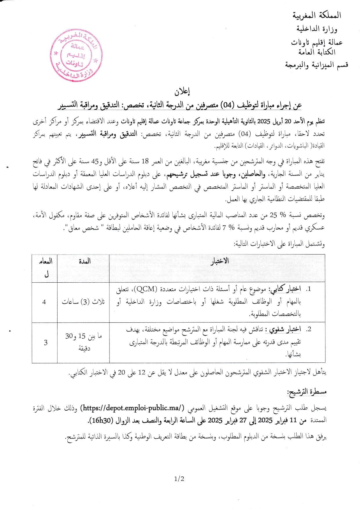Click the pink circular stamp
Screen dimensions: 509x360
coord(76,55)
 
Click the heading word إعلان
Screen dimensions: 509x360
coord(182,92)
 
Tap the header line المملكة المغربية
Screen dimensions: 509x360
coord(317,15)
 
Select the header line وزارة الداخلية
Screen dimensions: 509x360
coord(317,29)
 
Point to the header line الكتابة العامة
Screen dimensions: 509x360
coord(317,52)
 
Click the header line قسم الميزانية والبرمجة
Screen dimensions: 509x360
coord(316,65)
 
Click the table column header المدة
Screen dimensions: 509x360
coord(84,261)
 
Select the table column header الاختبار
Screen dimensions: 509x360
coord(219,261)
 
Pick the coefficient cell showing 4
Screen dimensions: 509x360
coord(44,302)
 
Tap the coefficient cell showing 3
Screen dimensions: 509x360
coord(46,343)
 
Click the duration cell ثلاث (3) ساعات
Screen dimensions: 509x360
coord(83,302)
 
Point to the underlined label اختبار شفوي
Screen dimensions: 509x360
coord(285,329)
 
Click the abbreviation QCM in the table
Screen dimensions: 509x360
coord(146,289)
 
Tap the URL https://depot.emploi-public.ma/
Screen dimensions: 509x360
coord(134,408)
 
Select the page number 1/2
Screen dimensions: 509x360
coord(179,479)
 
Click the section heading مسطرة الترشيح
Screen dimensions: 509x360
coord(307,392)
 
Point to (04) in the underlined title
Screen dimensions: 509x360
coord(228,105)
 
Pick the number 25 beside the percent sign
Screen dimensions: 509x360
coord(273,215)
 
